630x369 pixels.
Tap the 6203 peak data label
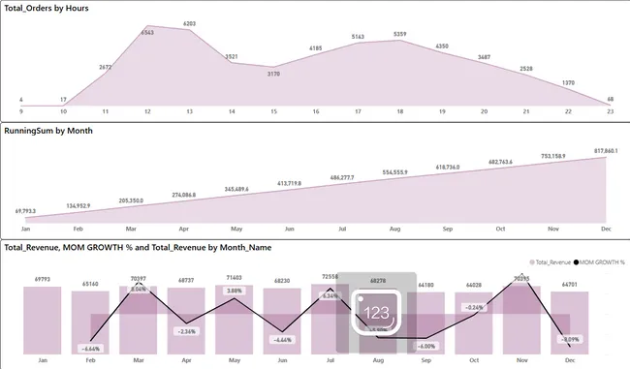(x=189, y=23)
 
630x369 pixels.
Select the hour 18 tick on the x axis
(x=399, y=112)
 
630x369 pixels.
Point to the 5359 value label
(x=399, y=35)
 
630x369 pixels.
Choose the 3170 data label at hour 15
(x=273, y=73)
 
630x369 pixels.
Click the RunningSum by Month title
(x=49, y=130)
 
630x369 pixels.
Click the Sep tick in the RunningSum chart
(x=448, y=230)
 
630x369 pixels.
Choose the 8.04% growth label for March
(x=139, y=288)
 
